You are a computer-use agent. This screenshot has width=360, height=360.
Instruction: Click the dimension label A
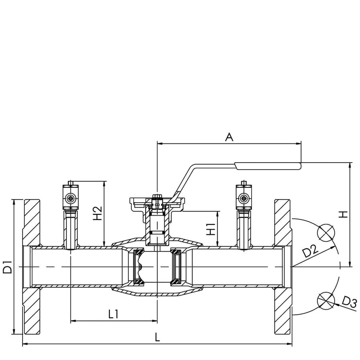229,137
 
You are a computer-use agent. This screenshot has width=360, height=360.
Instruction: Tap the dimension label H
344,214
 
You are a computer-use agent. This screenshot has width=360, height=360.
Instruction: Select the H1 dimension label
211,229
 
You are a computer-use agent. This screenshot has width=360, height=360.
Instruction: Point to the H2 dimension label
97,213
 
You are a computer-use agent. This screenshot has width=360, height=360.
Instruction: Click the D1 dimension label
7,267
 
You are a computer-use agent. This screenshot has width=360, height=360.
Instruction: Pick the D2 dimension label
310,251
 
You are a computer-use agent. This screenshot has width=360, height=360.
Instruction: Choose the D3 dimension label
349,302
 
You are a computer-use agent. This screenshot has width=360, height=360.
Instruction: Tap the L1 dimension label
113,314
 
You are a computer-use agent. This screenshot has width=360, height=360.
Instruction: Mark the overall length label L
157,337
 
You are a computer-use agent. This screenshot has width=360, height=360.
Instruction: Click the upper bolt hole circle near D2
326,233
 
